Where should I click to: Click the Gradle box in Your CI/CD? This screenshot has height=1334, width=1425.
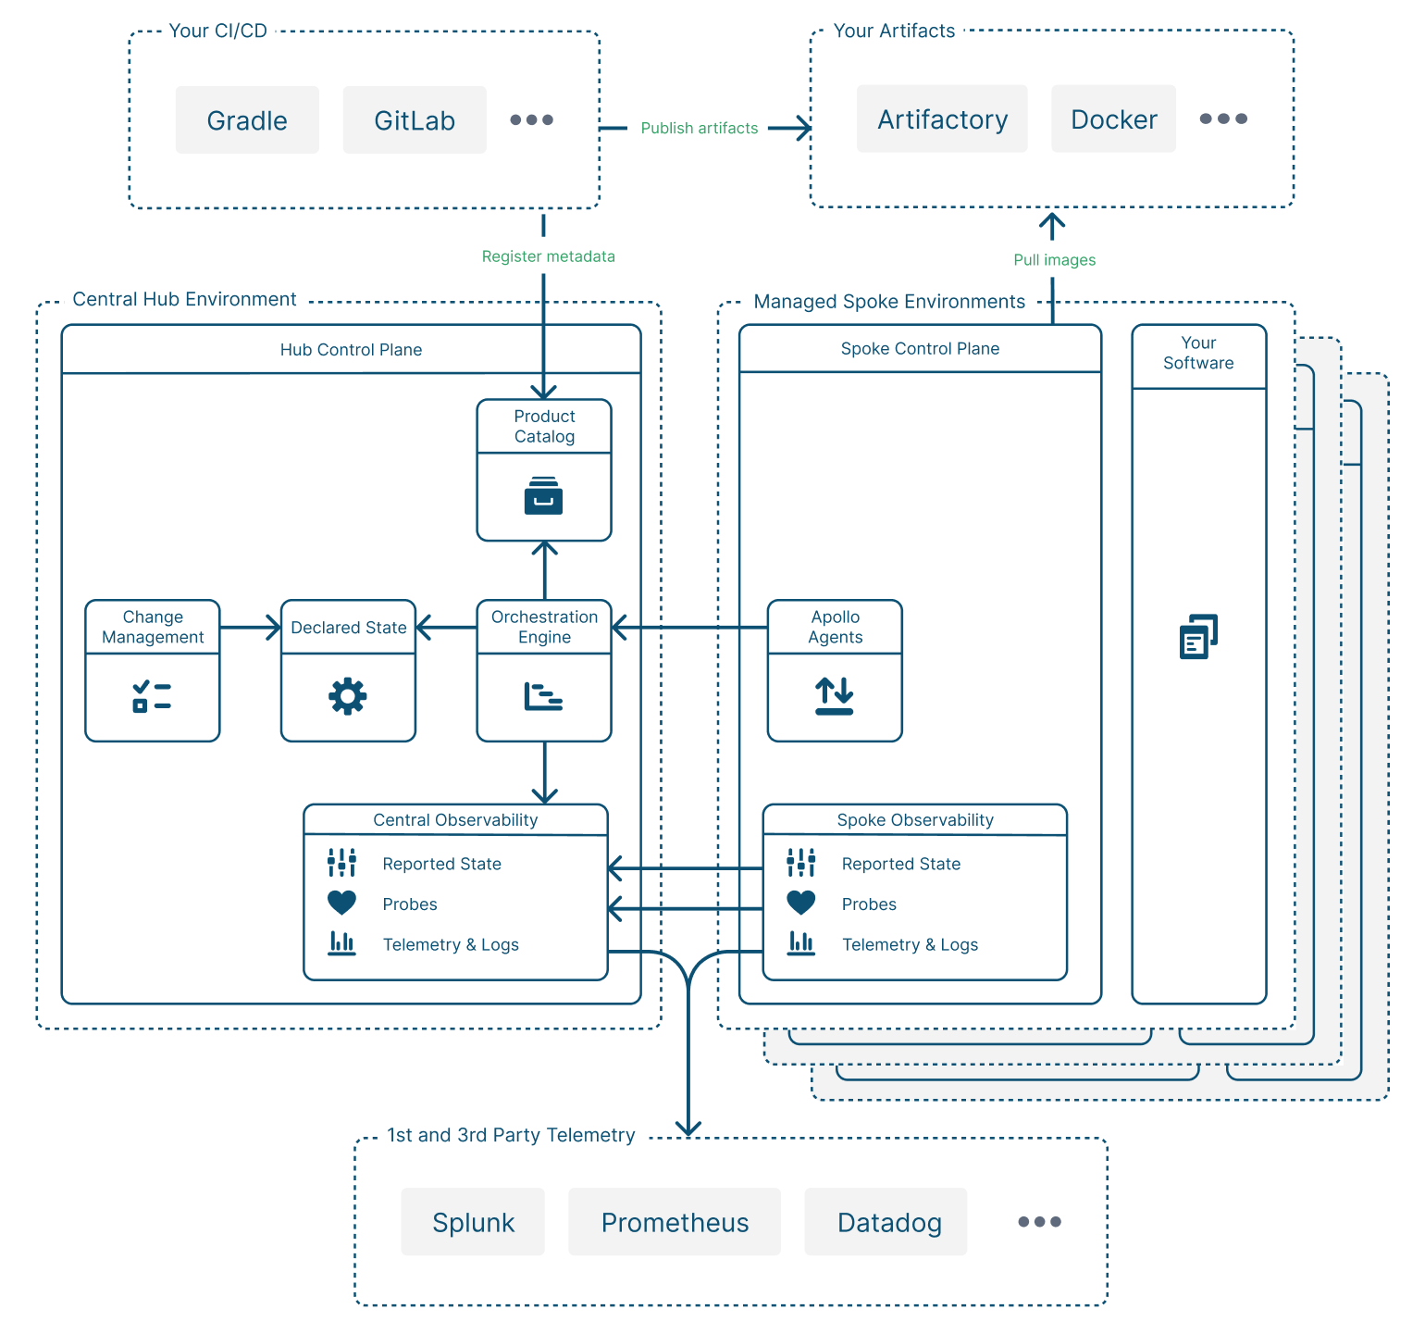pos(247,120)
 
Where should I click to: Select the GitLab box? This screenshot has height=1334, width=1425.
pos(415,120)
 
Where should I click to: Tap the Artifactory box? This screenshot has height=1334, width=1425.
pos(942,119)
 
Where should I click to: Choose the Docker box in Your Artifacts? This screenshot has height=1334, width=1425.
pos(1113,119)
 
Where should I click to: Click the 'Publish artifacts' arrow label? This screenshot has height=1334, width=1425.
pos(699,128)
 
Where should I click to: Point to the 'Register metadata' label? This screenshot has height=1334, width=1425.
pos(548,256)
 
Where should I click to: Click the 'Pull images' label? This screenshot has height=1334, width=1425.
pos(1054,260)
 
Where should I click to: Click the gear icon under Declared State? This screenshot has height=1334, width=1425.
pos(348,696)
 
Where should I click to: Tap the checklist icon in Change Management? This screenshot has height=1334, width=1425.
pos(152,696)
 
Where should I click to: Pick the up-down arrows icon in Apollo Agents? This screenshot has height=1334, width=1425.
pos(834,696)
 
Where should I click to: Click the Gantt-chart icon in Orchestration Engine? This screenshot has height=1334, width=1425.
pos(543,696)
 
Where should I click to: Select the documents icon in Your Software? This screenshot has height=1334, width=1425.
pos(1198,637)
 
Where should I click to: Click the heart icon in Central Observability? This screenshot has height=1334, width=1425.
pos(341,903)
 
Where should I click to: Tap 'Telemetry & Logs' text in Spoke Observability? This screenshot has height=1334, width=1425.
pos(910,944)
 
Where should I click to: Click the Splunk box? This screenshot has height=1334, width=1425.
pos(473,1222)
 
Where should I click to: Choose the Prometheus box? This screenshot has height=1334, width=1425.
pos(675,1222)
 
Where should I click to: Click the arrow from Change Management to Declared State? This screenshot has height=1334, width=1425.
pos(250,628)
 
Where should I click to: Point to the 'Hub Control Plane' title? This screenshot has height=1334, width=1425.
pos(351,350)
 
